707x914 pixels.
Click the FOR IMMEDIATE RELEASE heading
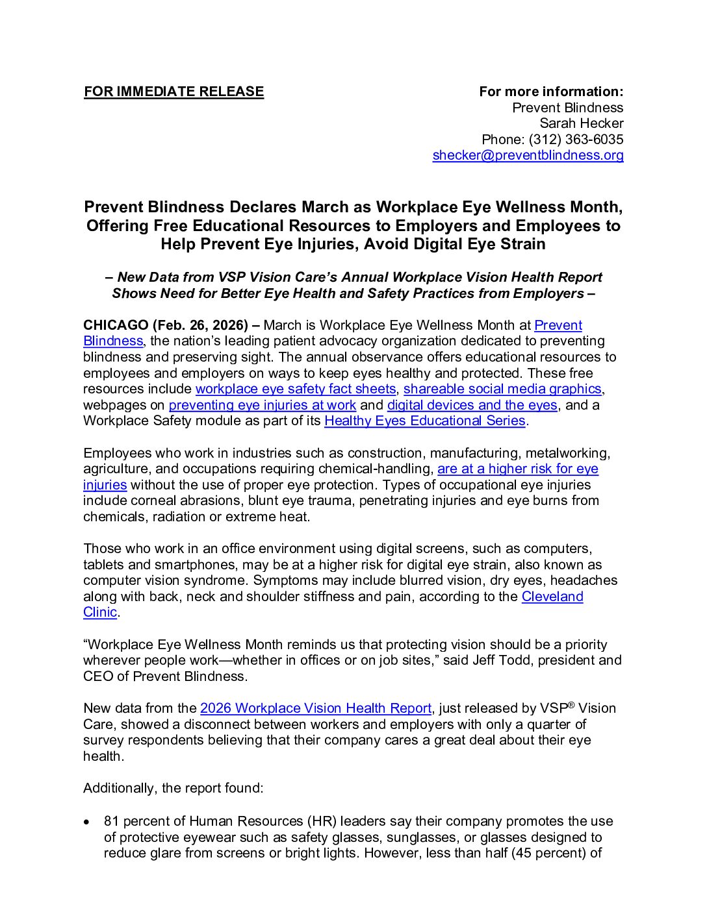[x=174, y=92]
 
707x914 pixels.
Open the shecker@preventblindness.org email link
[x=528, y=155]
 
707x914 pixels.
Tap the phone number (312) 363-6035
[x=576, y=140]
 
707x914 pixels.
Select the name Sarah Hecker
[x=581, y=123]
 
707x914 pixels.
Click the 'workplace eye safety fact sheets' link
[x=296, y=389]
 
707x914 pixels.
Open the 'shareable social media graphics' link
[x=502, y=389]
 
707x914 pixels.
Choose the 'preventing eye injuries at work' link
[x=262, y=405]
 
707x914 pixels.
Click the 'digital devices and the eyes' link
[x=472, y=405]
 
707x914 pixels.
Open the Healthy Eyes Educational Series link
[x=424, y=421]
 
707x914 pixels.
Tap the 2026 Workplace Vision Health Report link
[x=315, y=708]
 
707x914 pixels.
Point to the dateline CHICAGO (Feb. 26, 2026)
[x=166, y=325]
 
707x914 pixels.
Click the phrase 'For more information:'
[x=551, y=92]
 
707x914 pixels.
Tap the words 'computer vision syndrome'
[x=165, y=580]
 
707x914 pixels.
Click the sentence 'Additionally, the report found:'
[x=174, y=788]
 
